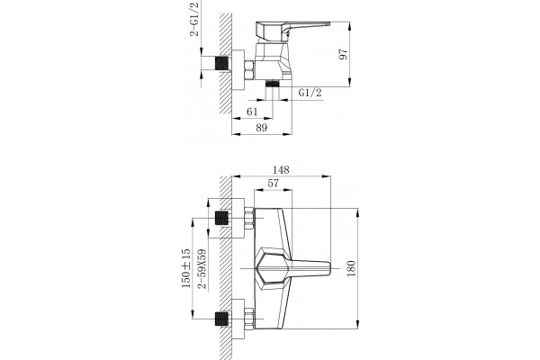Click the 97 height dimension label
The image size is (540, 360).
coord(344,54)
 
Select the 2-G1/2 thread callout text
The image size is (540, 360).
coord(194,19)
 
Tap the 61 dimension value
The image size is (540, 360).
coord(252,112)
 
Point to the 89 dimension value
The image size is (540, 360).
coord(262,128)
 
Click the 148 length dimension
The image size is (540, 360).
coord(281,170)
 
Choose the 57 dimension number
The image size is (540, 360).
coord(273,184)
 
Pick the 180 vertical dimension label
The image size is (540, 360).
coord(351,269)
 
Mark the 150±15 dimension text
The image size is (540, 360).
coord(186,268)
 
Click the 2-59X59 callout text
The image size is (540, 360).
coord(203,268)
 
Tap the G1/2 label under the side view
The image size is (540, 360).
coord(310,93)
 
